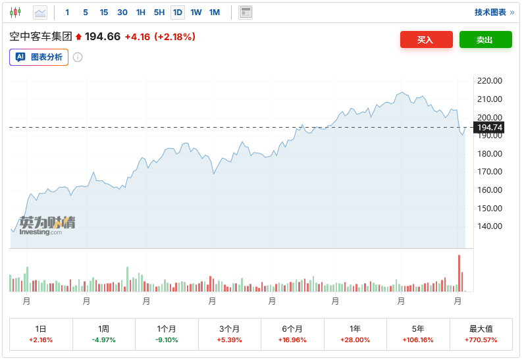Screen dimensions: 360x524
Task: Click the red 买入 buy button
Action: (426, 39)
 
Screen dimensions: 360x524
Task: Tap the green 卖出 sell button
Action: (485, 39)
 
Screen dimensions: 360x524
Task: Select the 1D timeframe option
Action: (178, 13)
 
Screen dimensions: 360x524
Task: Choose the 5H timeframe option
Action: (159, 13)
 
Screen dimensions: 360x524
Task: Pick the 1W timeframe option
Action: (196, 13)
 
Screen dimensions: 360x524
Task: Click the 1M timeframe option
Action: (215, 13)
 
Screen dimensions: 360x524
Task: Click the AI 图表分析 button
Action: (39, 57)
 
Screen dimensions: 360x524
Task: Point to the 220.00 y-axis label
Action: (489, 81)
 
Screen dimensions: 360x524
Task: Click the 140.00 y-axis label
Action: (489, 226)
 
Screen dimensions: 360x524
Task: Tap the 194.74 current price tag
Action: (489, 128)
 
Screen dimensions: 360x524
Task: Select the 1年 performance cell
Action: (355, 334)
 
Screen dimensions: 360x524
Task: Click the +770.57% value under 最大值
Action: (481, 340)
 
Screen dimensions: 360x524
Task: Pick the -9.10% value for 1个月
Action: (167, 340)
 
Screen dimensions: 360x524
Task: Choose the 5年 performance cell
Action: (418, 334)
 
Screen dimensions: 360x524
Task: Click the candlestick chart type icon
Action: (15, 13)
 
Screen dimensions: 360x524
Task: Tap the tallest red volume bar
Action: (459, 273)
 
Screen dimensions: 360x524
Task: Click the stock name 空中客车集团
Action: (40, 37)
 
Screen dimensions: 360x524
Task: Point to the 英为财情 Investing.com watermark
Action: (46, 225)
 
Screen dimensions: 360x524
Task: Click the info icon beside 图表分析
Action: (78, 57)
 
